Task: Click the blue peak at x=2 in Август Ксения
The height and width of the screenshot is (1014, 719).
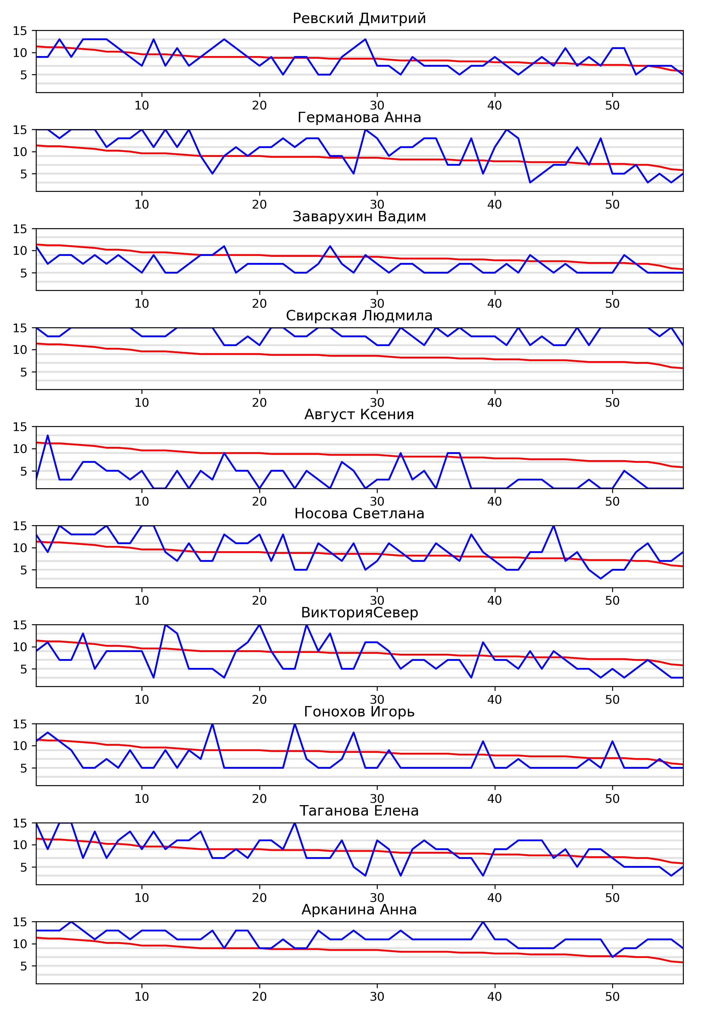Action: pos(48,435)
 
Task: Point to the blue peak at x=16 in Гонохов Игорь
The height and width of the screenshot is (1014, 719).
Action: pos(213,724)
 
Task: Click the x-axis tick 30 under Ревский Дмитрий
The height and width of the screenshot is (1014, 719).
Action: pos(377,105)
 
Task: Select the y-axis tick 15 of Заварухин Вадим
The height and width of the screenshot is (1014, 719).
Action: pos(20,229)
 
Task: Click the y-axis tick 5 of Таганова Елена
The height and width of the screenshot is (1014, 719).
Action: pos(23,867)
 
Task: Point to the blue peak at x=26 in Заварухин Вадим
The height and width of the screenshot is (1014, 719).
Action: pos(330,246)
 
